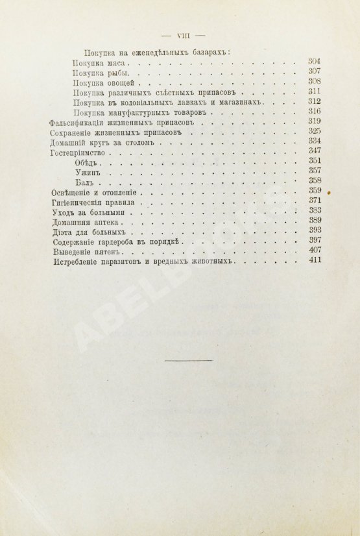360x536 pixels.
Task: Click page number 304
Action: click(x=315, y=61)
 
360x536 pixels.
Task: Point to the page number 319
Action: click(x=315, y=121)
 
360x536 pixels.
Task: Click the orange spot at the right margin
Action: click(x=330, y=193)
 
